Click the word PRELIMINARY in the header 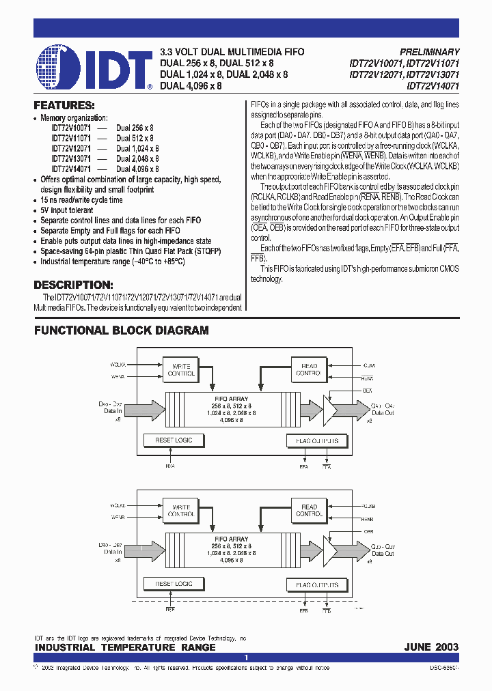tap(429, 52)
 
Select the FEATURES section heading tap(64, 106)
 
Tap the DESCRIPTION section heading tap(73, 285)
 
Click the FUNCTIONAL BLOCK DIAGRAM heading tap(122, 330)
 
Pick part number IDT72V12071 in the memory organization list tap(71, 148)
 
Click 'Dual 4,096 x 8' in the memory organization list tap(137, 169)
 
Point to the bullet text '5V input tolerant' tap(70, 210)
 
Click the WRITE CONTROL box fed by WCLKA tap(181, 370)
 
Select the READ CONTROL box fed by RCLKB tap(310, 511)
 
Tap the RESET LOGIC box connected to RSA tap(174, 440)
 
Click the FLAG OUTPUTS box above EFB tap(313, 585)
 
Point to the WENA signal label tap(118, 376)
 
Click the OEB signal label tap(368, 531)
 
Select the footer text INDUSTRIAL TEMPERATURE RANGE tap(125, 647)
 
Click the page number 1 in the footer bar tap(246, 657)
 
